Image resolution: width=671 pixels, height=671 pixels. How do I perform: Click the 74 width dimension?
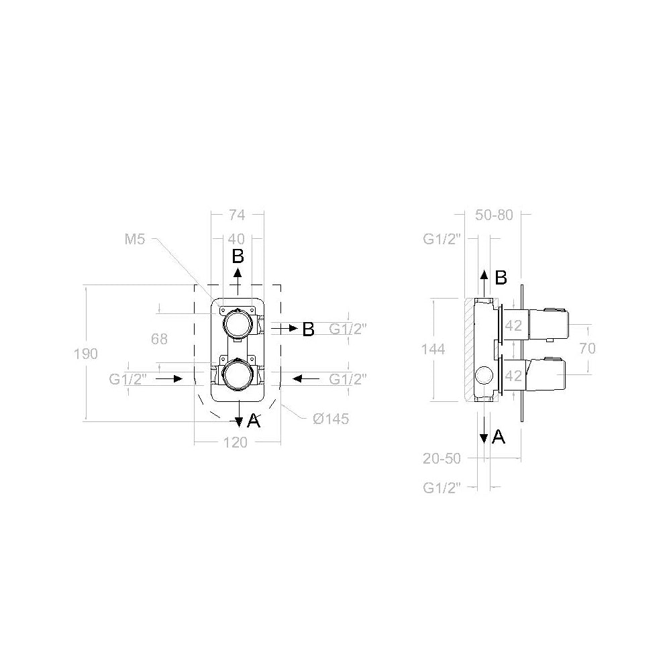[x=236, y=215]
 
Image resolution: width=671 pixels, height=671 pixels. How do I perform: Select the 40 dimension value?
[x=236, y=238]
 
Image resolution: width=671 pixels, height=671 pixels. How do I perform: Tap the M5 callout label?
[x=135, y=238]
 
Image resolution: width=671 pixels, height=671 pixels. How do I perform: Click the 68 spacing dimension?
[x=159, y=339]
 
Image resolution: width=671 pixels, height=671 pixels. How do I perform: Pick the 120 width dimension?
[x=236, y=442]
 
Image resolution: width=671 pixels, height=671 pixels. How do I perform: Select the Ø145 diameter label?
[x=330, y=419]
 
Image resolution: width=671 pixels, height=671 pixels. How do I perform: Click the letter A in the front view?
[x=253, y=421]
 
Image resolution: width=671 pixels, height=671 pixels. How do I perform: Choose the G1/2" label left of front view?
[x=128, y=379]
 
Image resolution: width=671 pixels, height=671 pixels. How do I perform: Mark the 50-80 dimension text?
[x=493, y=215]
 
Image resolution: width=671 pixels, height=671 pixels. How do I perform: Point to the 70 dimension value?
[x=586, y=348]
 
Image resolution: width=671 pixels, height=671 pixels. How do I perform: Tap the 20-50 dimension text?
[x=442, y=458]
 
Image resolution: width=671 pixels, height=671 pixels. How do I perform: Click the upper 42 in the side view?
[x=513, y=325]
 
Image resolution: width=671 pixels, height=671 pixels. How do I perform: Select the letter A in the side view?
[x=499, y=437]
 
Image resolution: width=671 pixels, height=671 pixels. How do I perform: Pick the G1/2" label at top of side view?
[x=441, y=238]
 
